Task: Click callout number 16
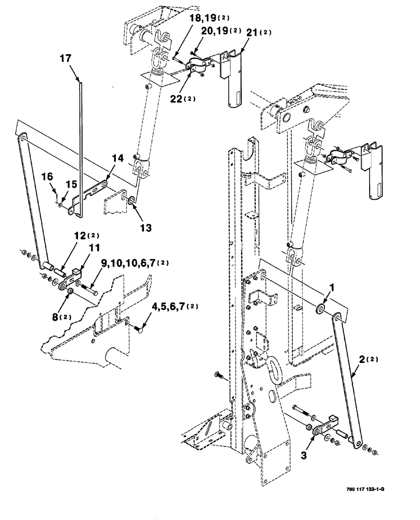click(x=48, y=177)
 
